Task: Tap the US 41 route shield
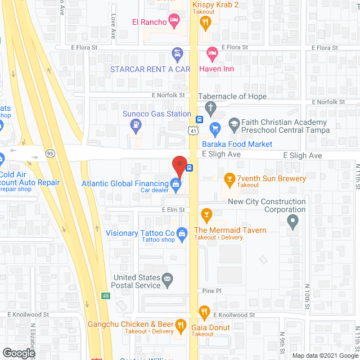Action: click(193, 131)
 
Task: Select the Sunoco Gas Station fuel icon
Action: click(135, 127)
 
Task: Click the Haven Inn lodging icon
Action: click(211, 54)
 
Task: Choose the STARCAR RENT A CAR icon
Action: click(177, 54)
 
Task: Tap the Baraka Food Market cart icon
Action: click(215, 129)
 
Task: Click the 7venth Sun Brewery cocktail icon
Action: click(229, 179)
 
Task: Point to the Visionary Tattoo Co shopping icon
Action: click(182, 233)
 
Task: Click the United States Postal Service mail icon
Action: click(167, 278)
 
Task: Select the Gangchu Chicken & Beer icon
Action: click(180, 325)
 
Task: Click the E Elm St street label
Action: click(173, 209)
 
